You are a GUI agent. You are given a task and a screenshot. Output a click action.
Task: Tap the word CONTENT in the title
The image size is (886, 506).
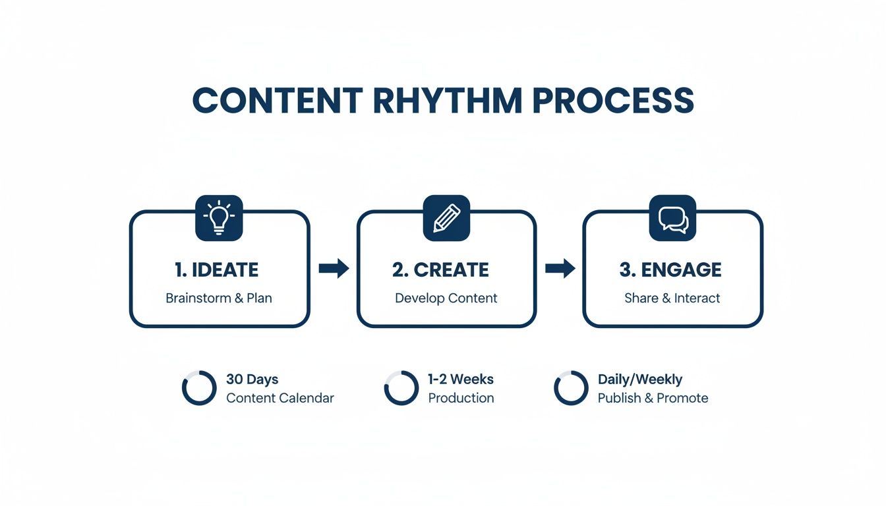tap(277, 101)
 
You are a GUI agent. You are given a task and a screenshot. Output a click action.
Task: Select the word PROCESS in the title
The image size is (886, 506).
tap(613, 101)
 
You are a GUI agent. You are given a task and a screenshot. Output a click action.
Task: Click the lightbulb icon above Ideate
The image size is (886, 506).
tap(220, 218)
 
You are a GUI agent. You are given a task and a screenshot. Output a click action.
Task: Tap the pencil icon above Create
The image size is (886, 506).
tap(446, 218)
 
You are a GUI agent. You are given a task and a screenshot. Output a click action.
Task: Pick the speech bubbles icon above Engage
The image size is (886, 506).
tap(673, 218)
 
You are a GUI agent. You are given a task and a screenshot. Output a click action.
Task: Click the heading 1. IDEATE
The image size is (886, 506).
tap(217, 269)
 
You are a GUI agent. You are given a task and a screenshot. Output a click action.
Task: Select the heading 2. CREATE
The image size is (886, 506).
tap(440, 269)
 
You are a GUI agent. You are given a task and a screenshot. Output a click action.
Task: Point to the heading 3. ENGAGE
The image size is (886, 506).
tap(670, 269)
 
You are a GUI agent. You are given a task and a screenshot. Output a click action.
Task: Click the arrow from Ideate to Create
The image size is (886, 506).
tap(334, 268)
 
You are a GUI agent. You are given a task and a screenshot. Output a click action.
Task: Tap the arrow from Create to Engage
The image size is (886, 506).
tap(560, 268)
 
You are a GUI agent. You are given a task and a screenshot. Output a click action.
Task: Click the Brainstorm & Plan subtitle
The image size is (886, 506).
tap(219, 298)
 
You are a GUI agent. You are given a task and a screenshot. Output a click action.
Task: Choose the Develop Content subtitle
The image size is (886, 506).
tap(446, 298)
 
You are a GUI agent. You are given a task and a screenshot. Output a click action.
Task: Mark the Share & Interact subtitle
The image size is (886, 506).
tap(672, 298)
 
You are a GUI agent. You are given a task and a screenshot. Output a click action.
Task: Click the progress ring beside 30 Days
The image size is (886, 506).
tap(199, 388)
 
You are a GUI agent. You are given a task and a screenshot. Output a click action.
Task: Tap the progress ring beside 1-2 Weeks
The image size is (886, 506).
tap(401, 388)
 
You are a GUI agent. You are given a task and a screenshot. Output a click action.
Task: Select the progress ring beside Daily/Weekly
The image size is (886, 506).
tap(571, 388)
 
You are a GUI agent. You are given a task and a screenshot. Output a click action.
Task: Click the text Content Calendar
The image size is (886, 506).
tap(280, 398)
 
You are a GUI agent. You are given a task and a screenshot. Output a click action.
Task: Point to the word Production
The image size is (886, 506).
tap(461, 398)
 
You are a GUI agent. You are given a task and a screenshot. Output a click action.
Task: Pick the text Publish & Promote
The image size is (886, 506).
tap(653, 398)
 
